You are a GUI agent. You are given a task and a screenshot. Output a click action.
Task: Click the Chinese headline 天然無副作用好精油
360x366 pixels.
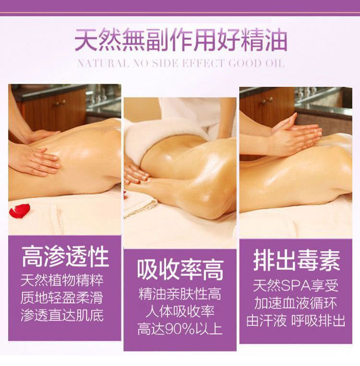point(180,40)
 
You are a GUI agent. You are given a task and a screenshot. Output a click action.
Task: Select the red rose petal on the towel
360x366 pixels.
point(20,211)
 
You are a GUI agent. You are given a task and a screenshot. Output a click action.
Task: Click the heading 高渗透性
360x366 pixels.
point(65,257)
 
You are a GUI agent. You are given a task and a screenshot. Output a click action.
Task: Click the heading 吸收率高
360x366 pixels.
point(180,270)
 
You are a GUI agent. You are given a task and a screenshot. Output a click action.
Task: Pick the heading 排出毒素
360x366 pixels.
point(296,261)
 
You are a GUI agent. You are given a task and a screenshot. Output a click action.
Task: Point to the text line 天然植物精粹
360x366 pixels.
point(62,280)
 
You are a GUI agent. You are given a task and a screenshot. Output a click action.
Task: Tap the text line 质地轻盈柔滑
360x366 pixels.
point(62,298)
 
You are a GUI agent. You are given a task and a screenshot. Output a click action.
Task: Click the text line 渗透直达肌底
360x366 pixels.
point(62,315)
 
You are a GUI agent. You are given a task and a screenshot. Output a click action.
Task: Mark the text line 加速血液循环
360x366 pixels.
point(296,304)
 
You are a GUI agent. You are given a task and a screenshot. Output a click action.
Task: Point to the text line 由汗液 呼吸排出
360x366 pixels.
point(296,321)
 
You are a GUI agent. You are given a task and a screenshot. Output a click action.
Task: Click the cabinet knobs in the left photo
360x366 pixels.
point(60,103)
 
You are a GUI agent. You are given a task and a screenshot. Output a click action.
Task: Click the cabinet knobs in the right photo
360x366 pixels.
point(267,101)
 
